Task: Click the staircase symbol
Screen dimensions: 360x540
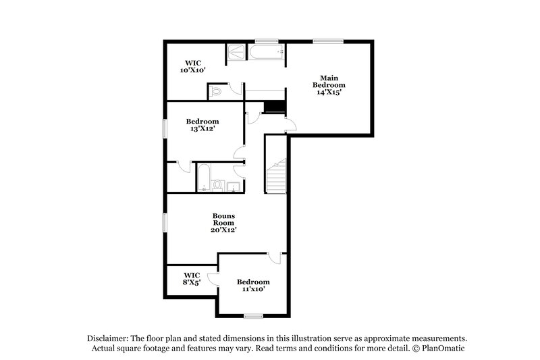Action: click(x=276, y=177)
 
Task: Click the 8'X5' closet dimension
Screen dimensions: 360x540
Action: click(x=192, y=283)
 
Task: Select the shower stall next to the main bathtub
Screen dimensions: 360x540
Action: click(x=236, y=52)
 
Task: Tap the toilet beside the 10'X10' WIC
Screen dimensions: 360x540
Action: click(x=217, y=91)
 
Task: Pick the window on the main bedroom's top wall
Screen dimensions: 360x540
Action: click(x=326, y=41)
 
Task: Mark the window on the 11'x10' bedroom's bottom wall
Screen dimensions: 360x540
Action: click(x=253, y=315)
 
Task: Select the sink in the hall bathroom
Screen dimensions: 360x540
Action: click(x=234, y=185)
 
